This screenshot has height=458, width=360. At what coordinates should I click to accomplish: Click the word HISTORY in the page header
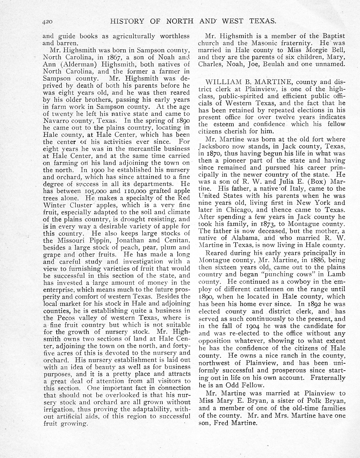127,22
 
